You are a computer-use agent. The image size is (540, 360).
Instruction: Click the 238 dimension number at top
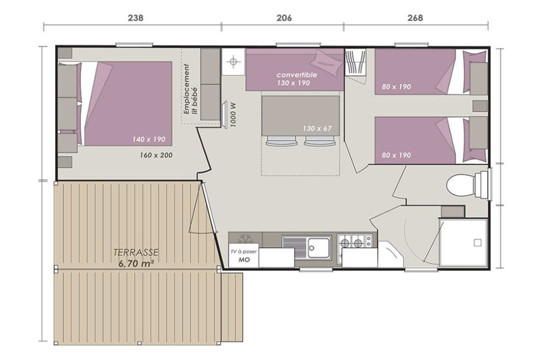click(x=136, y=18)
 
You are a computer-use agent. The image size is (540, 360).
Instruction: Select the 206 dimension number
click(x=284, y=18)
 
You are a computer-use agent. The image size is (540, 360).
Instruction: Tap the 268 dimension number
click(x=415, y=18)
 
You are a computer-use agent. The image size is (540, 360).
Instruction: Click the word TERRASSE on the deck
click(x=136, y=252)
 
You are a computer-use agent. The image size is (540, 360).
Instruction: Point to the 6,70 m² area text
click(x=136, y=264)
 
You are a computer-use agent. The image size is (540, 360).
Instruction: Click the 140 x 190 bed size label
click(x=149, y=139)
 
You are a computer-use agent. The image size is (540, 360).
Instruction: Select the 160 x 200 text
click(x=156, y=155)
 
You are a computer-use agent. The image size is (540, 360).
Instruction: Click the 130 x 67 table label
click(x=317, y=128)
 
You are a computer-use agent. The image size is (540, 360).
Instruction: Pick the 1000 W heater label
click(x=234, y=115)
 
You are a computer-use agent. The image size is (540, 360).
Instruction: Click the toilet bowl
click(x=461, y=185)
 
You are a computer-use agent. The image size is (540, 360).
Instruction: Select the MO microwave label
click(x=244, y=260)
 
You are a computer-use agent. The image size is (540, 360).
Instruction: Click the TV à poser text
click(x=244, y=252)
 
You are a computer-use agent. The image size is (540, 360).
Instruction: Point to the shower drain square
click(x=477, y=243)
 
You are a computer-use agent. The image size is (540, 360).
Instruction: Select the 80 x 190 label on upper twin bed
click(x=396, y=87)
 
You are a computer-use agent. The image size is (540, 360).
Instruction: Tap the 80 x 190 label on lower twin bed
click(x=396, y=155)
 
